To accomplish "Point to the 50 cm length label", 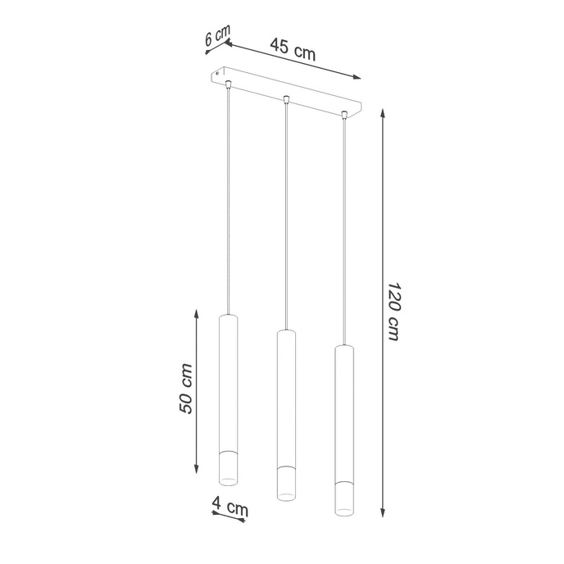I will tap(186, 389).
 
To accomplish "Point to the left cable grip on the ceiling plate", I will tap(228, 84).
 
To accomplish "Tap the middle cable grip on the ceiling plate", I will tap(285, 100).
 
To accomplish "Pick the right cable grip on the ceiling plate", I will tap(343, 116).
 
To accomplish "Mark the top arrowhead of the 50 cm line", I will tap(197, 312).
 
